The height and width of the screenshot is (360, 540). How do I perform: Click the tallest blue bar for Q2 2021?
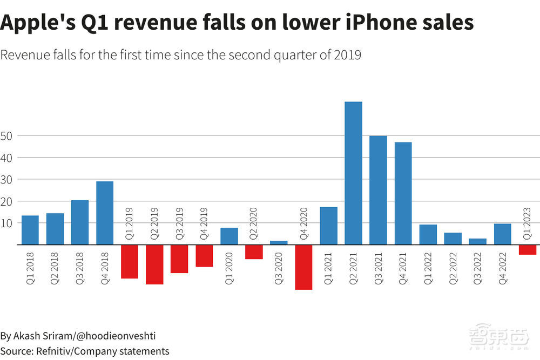point(353,173)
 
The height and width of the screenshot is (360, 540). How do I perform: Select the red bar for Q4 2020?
point(303,267)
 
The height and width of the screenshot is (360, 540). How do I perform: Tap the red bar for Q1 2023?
point(527,249)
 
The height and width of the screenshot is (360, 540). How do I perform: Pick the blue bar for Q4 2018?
point(105,213)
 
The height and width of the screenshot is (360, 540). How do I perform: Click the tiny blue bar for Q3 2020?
point(279,242)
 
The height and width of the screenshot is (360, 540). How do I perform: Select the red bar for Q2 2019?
point(154,264)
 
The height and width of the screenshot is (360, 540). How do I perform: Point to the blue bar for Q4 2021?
point(403,193)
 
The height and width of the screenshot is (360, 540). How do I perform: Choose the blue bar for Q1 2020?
point(229,236)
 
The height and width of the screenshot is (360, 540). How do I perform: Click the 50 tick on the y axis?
point(6,136)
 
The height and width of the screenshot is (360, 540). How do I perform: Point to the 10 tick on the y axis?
point(6,223)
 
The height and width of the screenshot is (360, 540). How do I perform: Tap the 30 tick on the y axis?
point(6,179)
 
